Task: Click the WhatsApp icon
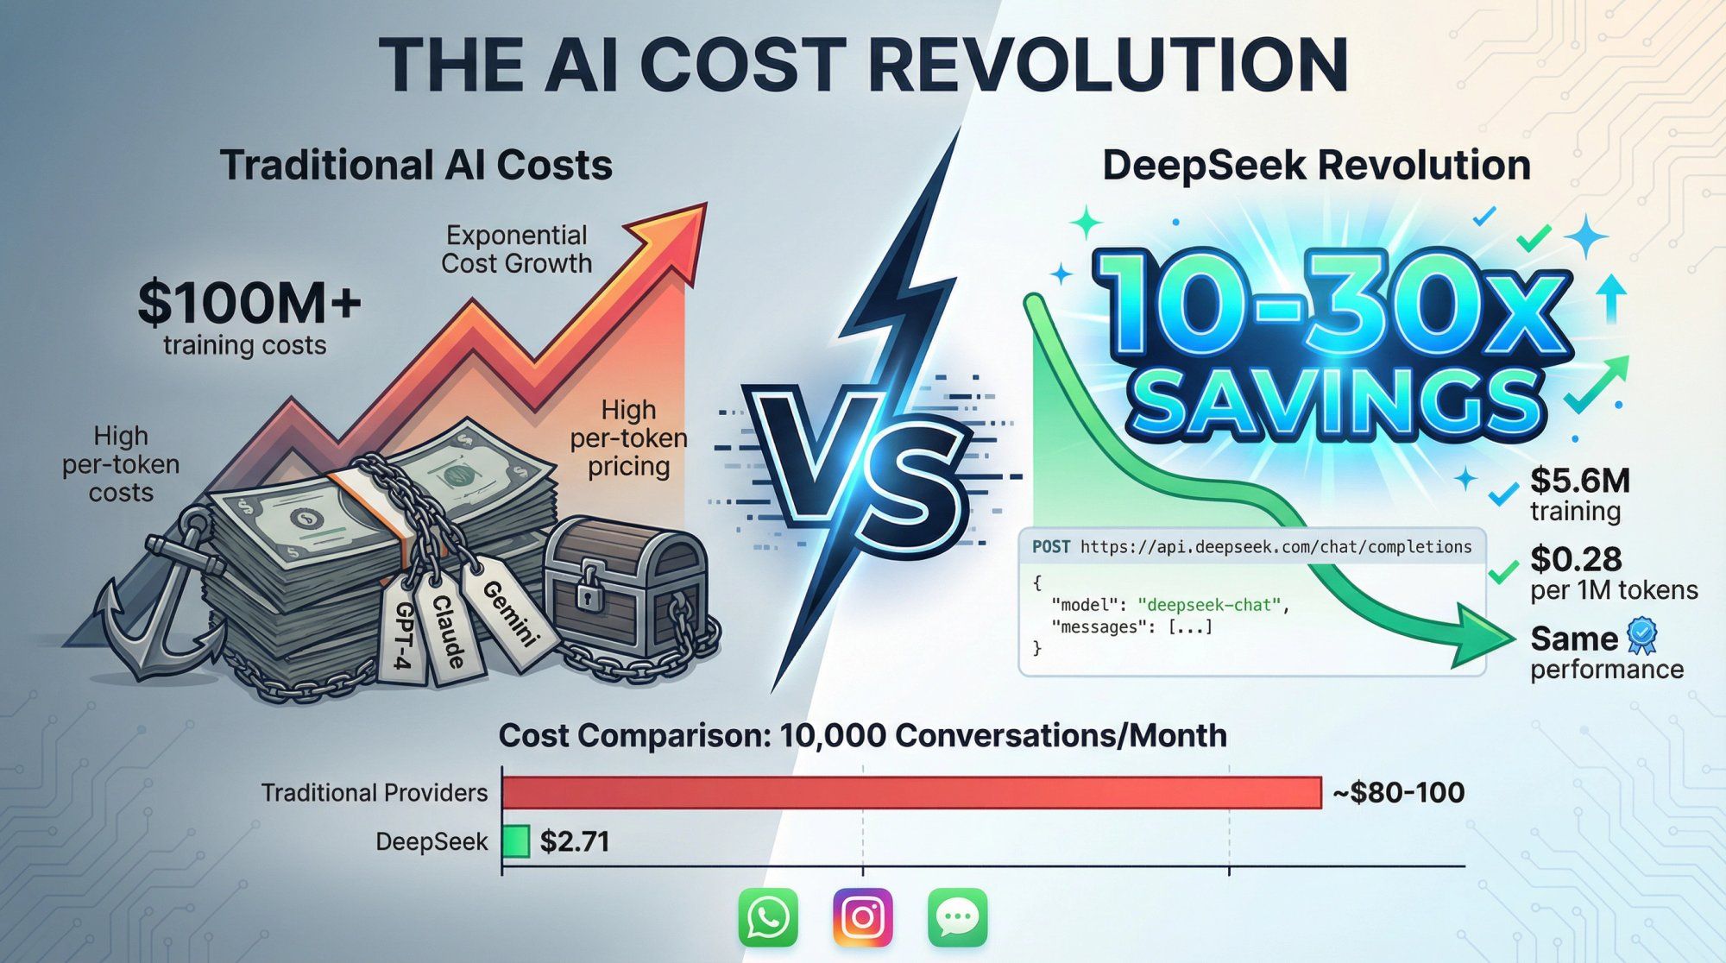(768, 917)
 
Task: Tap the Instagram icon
(862, 917)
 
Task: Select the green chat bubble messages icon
(957, 917)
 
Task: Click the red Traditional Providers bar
(910, 792)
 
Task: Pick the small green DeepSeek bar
(516, 841)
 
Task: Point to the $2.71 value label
(575, 841)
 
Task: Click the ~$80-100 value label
(1398, 792)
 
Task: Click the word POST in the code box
(1051, 547)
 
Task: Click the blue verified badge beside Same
(1641, 636)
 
